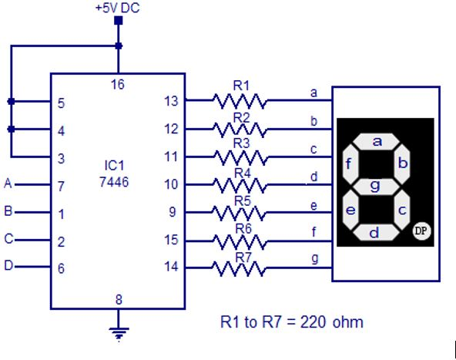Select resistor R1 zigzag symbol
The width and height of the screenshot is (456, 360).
pos(239,101)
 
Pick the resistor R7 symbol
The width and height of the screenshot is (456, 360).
pos(239,268)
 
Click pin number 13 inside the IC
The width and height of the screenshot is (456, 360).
pos(171,101)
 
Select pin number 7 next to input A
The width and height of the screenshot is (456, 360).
pos(60,185)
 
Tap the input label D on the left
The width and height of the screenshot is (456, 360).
pos(8,267)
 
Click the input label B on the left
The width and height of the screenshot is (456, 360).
pos(8,211)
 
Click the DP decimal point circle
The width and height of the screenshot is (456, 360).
pos(421,230)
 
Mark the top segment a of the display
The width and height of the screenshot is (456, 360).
pos(377,141)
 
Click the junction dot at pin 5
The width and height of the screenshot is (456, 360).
pos(10,101)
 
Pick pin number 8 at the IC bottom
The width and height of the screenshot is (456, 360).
pos(117,300)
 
